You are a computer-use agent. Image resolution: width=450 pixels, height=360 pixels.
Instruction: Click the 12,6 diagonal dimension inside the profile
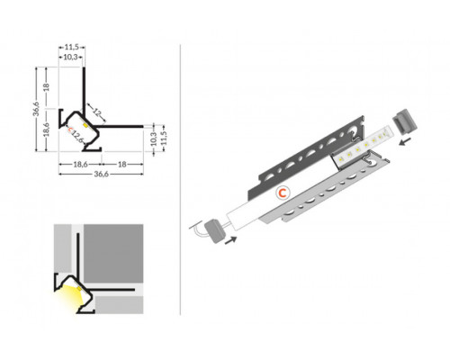pos(78,136)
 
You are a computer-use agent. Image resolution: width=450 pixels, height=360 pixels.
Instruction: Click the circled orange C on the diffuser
pos(282,193)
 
